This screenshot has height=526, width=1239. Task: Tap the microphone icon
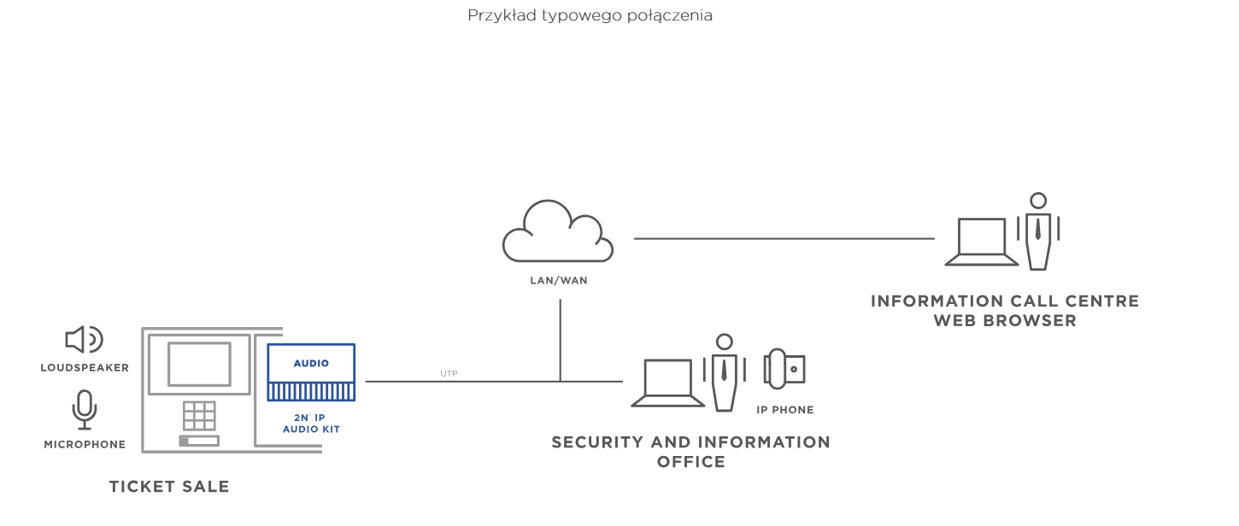point(84,409)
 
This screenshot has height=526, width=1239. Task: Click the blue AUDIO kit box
point(311,371)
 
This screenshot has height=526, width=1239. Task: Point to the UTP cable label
point(449,373)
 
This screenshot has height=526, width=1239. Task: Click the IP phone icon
point(784,369)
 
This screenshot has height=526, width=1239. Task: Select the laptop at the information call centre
point(981,242)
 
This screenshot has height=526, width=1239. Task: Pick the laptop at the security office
point(667,383)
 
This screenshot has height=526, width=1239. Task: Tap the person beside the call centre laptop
point(1038,231)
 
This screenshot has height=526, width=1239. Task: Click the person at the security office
point(724,372)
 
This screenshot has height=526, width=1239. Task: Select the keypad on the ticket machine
point(199,416)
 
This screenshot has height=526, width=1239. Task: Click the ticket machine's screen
point(199,364)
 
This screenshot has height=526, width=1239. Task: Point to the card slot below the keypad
point(199,441)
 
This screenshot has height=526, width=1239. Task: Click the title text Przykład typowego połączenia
point(590,15)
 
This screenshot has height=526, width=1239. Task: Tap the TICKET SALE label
point(168,486)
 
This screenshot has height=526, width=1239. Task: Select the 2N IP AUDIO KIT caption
point(311,424)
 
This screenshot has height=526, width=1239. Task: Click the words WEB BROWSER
point(1005,320)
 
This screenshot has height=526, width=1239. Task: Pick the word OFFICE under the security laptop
point(691,461)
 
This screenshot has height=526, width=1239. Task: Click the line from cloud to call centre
point(784,239)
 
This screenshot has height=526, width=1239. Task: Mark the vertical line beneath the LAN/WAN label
point(561,341)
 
